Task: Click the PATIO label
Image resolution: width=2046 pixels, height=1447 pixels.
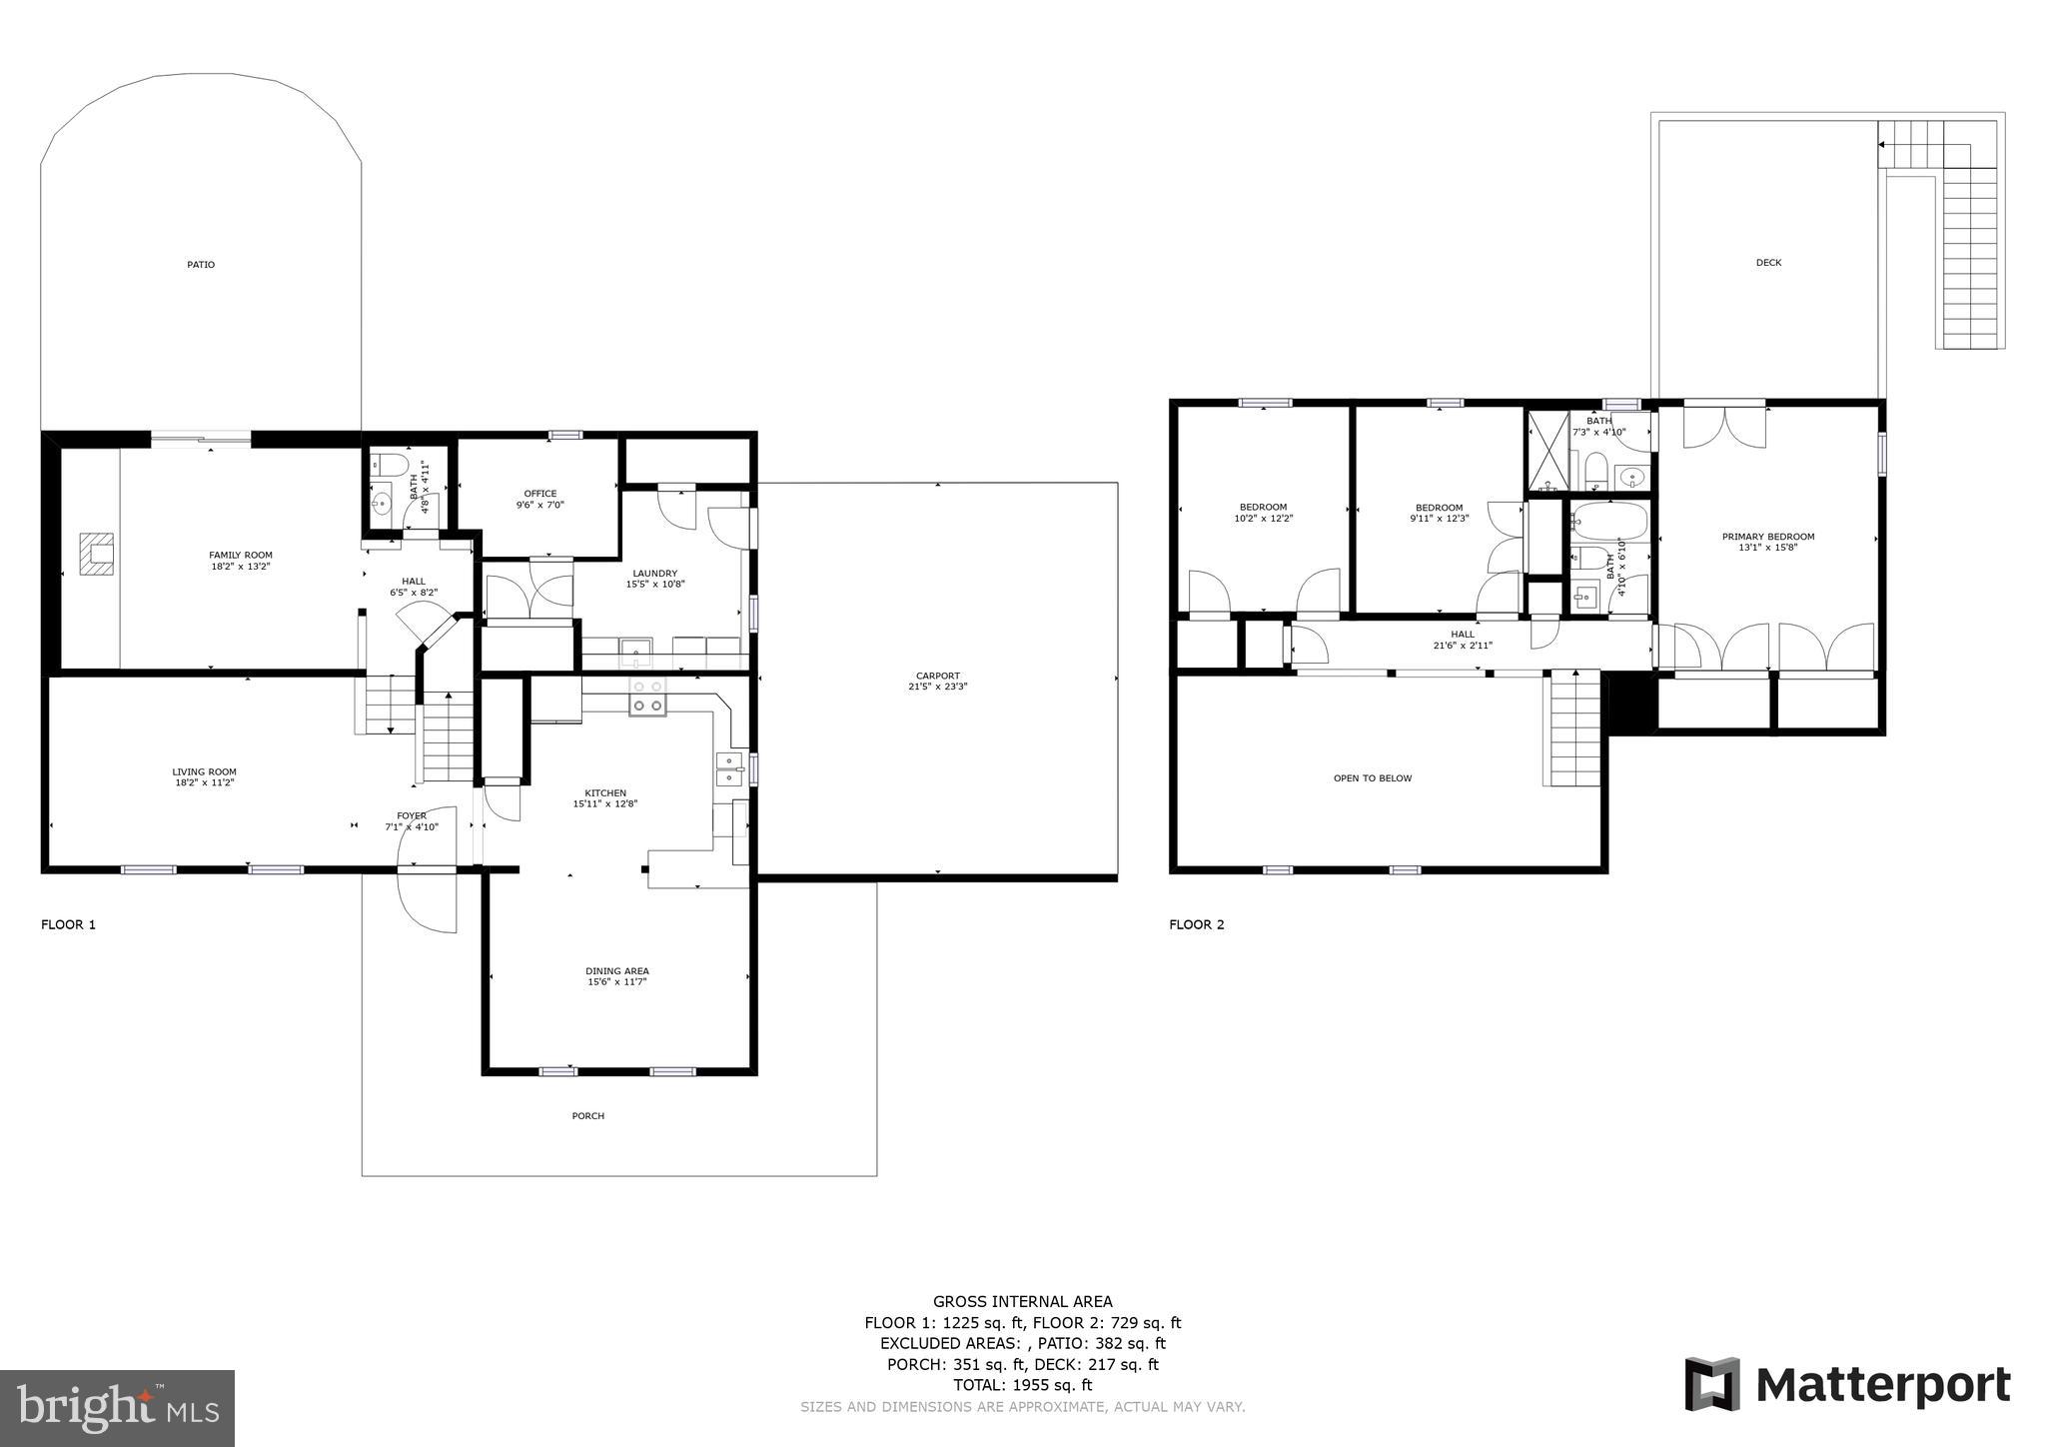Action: (201, 265)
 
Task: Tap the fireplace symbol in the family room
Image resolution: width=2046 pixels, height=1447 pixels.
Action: (98, 553)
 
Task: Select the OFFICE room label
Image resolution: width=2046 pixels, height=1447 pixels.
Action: (540, 494)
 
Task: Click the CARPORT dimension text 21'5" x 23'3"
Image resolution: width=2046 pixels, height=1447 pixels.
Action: (937, 687)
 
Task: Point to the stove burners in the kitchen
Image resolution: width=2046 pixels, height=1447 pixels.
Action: (647, 697)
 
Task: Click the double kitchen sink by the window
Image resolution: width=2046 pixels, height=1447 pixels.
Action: (729, 769)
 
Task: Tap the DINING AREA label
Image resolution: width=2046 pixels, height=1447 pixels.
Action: (616, 971)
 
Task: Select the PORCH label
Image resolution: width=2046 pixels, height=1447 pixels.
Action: (588, 1116)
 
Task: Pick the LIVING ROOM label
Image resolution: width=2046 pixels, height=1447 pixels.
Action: (204, 771)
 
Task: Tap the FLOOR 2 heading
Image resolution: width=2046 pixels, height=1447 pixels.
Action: (1196, 924)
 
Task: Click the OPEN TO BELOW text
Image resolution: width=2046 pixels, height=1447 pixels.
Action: (1373, 778)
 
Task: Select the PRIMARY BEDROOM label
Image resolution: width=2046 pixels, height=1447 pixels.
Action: (1768, 537)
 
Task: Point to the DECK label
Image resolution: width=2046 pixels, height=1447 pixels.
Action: (1768, 263)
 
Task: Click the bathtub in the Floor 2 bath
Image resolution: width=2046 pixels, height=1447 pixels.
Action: (1609, 522)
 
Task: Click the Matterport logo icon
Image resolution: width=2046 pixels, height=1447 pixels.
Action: (1712, 1384)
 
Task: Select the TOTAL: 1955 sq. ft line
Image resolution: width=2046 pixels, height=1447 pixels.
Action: (1022, 1385)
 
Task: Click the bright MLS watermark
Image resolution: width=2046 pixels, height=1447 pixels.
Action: (117, 1409)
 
